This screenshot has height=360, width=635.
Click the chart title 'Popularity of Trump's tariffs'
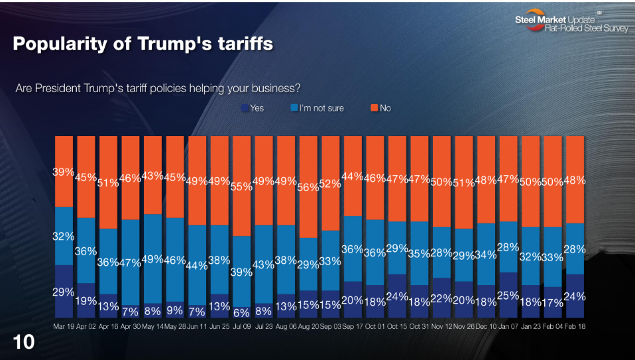(x=143, y=44)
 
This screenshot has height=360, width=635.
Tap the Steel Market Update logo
(x=571, y=24)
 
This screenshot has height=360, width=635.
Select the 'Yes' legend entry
(x=253, y=107)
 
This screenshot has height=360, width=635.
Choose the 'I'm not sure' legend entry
(x=317, y=107)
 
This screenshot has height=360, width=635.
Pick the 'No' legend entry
(x=380, y=107)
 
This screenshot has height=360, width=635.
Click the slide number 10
(x=24, y=342)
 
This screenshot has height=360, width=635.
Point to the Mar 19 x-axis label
(x=64, y=326)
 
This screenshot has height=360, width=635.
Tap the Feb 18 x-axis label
(x=574, y=326)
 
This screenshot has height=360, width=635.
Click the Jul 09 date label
(x=241, y=326)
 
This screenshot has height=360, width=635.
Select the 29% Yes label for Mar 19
(x=64, y=291)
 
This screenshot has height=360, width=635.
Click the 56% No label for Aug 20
(x=308, y=187)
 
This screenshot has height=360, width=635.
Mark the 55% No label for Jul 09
(x=241, y=186)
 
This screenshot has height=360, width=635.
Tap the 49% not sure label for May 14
(x=152, y=259)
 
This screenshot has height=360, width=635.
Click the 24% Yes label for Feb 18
(x=574, y=296)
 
